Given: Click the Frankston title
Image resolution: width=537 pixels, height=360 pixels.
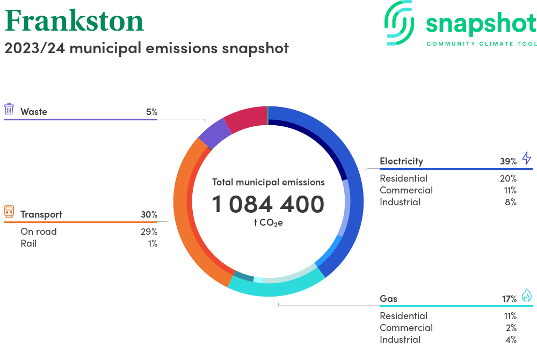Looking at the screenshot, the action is (74, 21).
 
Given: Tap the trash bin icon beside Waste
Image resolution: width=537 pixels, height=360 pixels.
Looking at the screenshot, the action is (9, 109).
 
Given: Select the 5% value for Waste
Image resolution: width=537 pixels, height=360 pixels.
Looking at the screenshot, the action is (152, 112).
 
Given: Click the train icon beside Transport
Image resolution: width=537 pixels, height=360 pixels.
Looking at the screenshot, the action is (9, 211).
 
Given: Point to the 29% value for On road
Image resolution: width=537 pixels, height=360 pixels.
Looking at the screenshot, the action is (149, 232).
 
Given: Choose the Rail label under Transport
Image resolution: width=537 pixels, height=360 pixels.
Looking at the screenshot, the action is (28, 243).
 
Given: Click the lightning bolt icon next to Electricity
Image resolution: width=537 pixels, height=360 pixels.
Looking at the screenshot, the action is (527, 158).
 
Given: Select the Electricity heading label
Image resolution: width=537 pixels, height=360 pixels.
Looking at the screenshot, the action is (401, 161).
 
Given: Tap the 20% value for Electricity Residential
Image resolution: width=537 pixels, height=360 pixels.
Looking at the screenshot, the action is (508, 178).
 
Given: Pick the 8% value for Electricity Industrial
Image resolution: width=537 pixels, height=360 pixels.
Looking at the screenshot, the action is (511, 202).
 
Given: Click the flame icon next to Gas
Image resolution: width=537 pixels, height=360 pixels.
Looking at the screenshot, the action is (527, 295).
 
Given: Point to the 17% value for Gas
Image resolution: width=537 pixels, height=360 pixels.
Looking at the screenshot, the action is (509, 299).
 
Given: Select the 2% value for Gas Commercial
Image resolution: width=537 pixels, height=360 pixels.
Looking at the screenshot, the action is (511, 328).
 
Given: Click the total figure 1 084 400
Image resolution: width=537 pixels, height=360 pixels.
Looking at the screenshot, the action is (268, 204).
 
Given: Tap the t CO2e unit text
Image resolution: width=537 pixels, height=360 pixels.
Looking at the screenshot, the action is (268, 223).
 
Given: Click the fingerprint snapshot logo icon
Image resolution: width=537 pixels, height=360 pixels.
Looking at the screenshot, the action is (399, 23).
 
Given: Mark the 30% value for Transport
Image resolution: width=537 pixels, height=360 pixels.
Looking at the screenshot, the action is (149, 215).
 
